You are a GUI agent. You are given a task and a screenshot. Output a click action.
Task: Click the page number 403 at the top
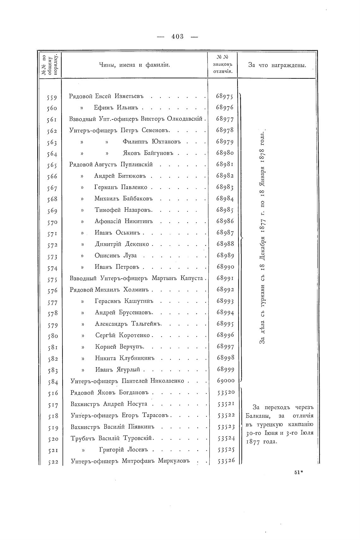(x=177, y=37)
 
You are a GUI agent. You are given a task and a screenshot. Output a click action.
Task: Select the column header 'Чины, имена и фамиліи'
(x=135, y=65)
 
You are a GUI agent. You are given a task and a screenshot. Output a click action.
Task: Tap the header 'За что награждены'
(x=277, y=65)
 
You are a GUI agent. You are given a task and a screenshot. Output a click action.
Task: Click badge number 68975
(x=225, y=96)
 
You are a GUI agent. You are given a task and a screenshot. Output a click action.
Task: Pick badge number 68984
(x=225, y=199)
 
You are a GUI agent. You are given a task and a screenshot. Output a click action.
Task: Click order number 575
(x=51, y=279)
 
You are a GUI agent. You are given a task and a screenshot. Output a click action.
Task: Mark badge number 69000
(x=225, y=381)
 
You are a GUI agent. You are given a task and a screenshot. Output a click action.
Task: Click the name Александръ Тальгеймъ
(x=128, y=324)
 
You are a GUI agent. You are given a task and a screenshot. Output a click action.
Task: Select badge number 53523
(x=226, y=427)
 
